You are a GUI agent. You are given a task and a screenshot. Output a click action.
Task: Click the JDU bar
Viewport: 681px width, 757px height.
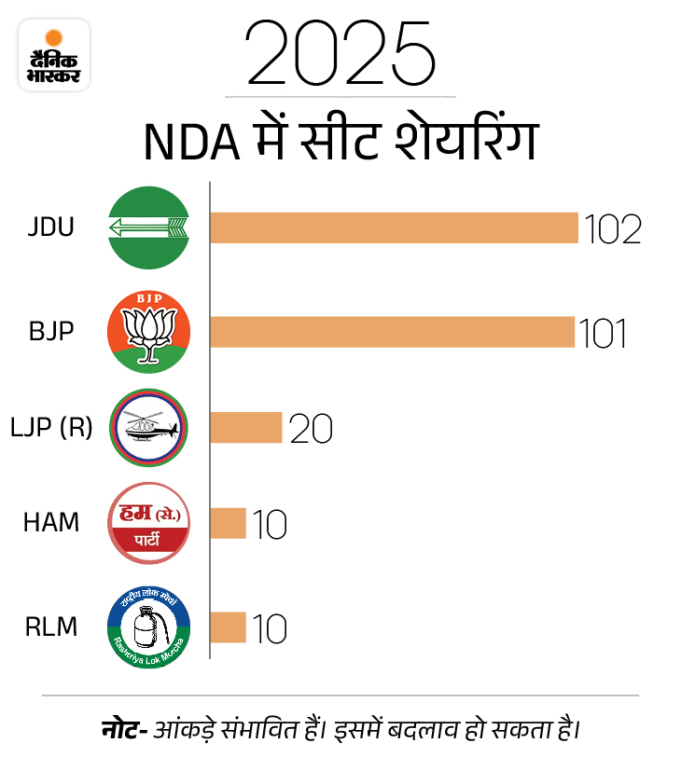pos(394,227)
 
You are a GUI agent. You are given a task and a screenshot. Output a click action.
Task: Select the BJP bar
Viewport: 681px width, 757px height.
pos(392,332)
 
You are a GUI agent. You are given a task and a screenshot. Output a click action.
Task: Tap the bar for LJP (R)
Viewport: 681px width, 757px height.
pos(245,428)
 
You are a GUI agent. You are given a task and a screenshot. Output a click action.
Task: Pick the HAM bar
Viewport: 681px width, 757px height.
pos(228,523)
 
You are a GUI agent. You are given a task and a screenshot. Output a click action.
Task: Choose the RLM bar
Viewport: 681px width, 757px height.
pos(228,627)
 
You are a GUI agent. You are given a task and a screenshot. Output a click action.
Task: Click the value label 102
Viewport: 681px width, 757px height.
pos(613,228)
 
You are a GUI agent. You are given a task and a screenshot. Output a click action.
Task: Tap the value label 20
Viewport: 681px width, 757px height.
pos(311,429)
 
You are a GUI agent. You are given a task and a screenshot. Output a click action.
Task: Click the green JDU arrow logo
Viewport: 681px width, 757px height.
pos(148,227)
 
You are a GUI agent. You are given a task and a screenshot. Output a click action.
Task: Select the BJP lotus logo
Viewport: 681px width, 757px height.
pos(148,332)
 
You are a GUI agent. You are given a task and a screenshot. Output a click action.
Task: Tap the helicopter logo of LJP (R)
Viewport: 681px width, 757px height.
pos(148,429)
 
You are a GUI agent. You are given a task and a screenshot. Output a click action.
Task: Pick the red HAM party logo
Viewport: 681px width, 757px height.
pos(148,523)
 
